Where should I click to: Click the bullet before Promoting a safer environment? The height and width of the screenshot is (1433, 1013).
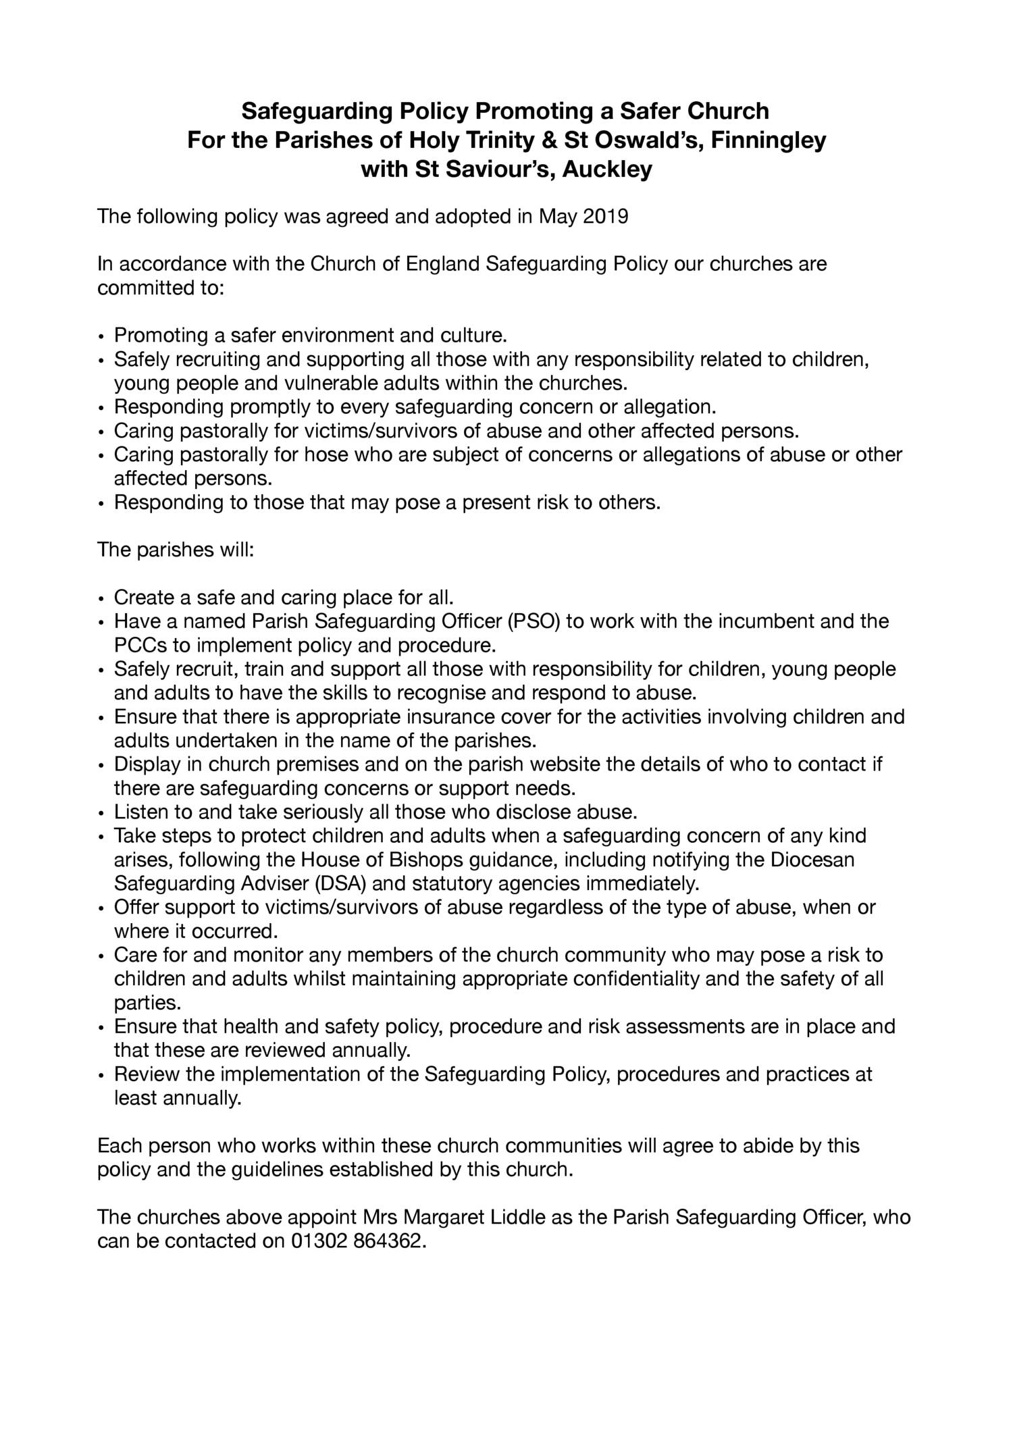pos(101,336)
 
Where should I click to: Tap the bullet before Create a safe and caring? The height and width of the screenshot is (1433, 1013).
pos(101,598)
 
